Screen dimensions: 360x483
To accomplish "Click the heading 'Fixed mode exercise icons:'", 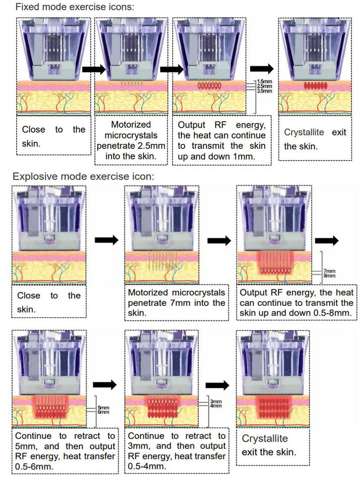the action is pyautogui.click(x=75, y=7).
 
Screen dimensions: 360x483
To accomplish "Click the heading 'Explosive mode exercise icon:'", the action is pyautogui.click(x=83, y=177).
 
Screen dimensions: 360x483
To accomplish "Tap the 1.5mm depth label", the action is pyautogui.click(x=264, y=82).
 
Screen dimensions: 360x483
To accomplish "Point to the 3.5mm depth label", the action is pyautogui.click(x=264, y=91).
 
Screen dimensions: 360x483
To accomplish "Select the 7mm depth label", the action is pyautogui.click(x=329, y=271).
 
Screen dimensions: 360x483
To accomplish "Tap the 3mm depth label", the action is pyautogui.click(x=216, y=401).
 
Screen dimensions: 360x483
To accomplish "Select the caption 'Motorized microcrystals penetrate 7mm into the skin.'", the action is pyautogui.click(x=177, y=302).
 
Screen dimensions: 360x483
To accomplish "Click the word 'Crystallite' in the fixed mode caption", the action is pyautogui.click(x=304, y=132).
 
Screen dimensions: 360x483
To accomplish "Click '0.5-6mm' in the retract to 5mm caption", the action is pyautogui.click(x=34, y=466).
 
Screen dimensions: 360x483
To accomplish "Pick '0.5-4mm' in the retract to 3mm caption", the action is pyautogui.click(x=147, y=466).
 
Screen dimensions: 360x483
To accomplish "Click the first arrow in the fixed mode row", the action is pyautogui.click(x=94, y=69).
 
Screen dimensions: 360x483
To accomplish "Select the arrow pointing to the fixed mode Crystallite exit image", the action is pyautogui.click(x=262, y=69).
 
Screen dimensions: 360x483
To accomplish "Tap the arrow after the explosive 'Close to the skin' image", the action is pyautogui.click(x=106, y=240).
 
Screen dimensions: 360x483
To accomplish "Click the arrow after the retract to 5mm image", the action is pyautogui.click(x=105, y=384).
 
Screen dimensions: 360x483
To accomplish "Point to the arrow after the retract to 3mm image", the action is pyautogui.click(x=218, y=385).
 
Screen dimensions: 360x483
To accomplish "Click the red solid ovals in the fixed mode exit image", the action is pyautogui.click(x=315, y=86).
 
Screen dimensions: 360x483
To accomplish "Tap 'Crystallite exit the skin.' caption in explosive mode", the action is pyautogui.click(x=269, y=445).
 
